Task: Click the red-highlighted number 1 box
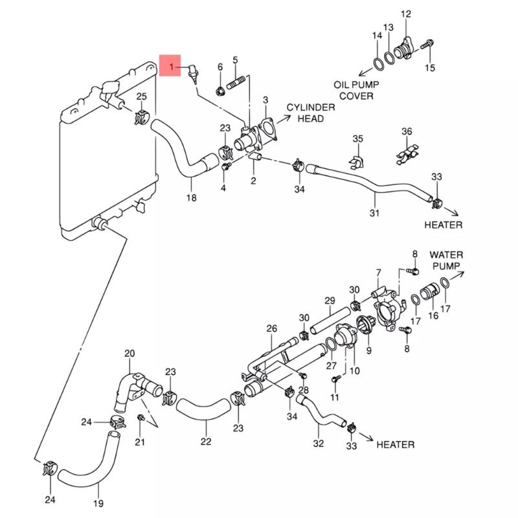pyautogui.click(x=171, y=66)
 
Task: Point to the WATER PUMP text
pyautogui.click(x=446, y=260)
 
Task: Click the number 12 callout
pyautogui.click(x=406, y=14)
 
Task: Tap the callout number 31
pyautogui.click(x=374, y=212)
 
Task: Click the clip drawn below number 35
pyautogui.click(x=357, y=158)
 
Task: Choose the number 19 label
pyautogui.click(x=98, y=503)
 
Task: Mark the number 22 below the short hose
pyautogui.click(x=206, y=442)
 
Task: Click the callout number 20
pyautogui.click(x=129, y=354)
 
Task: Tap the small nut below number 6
pyautogui.click(x=220, y=89)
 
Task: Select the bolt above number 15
pyautogui.click(x=427, y=45)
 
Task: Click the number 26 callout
pyautogui.click(x=271, y=328)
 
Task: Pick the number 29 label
pyautogui.click(x=329, y=300)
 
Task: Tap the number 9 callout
pyautogui.click(x=368, y=350)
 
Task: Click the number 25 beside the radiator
pyautogui.click(x=141, y=98)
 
